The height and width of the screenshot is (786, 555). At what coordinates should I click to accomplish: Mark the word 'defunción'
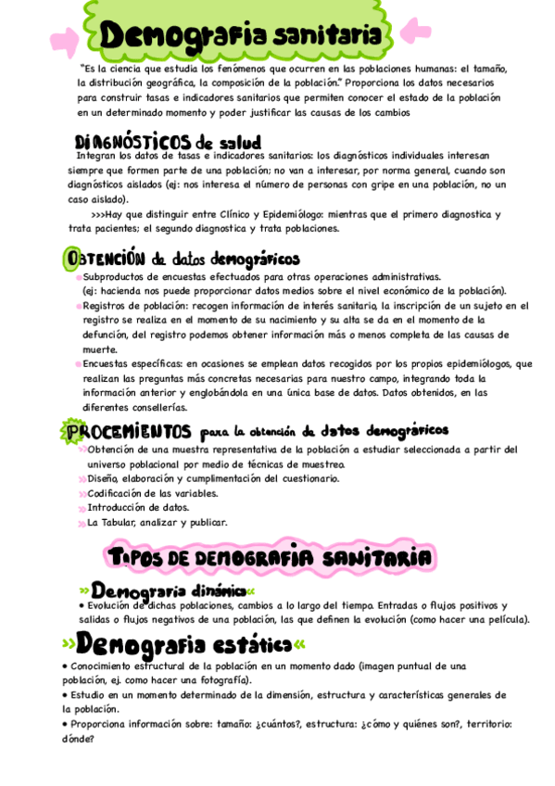pyautogui.click(x=106, y=335)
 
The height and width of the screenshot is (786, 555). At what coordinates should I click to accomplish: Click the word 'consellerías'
pyautogui.click(x=148, y=407)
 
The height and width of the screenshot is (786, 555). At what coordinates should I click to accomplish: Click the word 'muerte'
pyautogui.click(x=99, y=349)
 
